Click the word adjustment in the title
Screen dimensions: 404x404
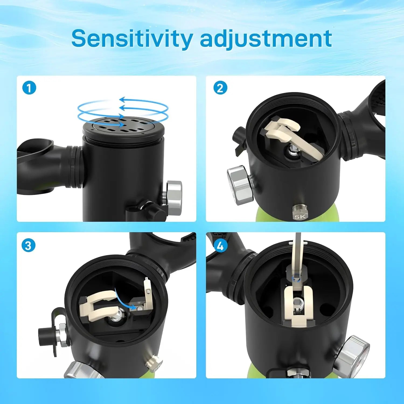pos(266,39)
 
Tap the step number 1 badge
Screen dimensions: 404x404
pos(29,88)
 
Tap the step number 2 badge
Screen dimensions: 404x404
pos(220,88)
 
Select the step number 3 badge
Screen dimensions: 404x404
pos(28,246)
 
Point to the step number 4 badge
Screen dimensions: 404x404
pos(220,246)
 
